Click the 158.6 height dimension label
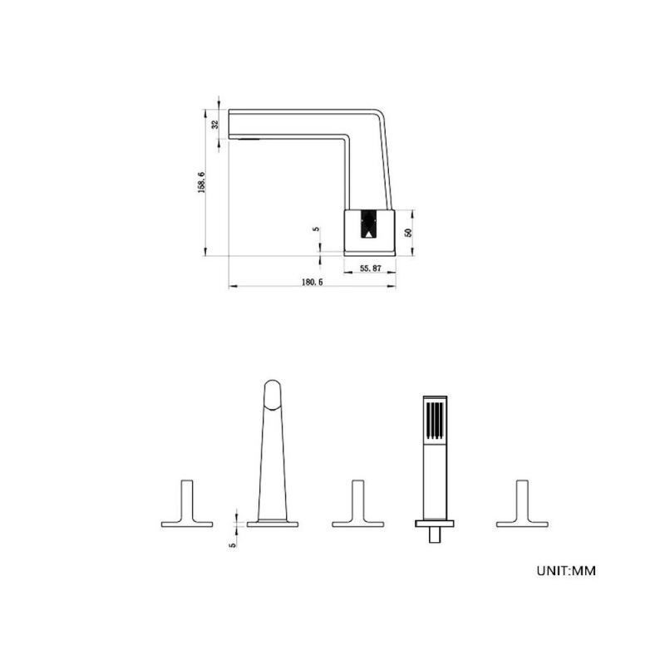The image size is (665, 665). [202, 183]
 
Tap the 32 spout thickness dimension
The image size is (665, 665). [215, 125]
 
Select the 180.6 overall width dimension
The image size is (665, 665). [313, 282]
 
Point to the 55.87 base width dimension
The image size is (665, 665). [371, 268]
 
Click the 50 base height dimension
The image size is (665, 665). [409, 233]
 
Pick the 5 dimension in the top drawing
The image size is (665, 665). [316, 229]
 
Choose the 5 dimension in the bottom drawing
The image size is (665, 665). [233, 545]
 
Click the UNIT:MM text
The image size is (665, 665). [566, 571]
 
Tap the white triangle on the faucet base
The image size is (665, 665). [369, 234]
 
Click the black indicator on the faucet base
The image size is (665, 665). [368, 224]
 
